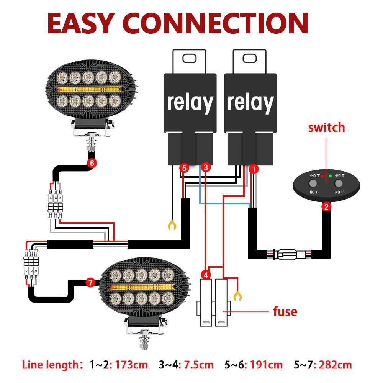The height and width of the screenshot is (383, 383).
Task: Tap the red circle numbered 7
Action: tap(90, 283)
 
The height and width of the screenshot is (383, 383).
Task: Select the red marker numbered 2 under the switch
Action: tap(326, 207)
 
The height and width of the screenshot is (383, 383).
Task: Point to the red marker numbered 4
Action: tap(206, 275)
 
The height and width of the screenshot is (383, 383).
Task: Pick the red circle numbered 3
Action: tap(206, 167)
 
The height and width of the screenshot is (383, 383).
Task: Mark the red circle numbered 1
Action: tap(254, 169)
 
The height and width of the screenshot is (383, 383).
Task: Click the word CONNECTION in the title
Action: tap(218, 24)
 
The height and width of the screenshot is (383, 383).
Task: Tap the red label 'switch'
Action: tap(326, 128)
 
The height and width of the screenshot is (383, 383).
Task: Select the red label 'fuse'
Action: tap(285, 311)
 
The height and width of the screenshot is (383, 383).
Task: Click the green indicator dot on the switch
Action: tap(330, 176)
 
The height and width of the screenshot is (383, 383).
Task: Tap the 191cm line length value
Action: tap(266, 365)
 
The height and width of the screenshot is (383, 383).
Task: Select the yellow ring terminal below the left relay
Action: tap(172, 225)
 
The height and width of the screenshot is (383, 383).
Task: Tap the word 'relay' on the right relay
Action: tap(250, 102)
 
